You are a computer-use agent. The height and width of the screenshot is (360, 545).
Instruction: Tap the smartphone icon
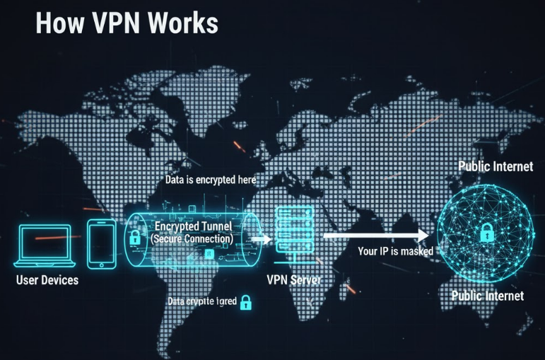(101, 243)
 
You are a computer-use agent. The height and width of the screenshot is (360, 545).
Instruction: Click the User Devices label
(47, 281)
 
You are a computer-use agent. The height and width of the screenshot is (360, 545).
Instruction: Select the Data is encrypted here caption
(210, 181)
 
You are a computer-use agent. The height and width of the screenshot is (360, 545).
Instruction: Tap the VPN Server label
(294, 279)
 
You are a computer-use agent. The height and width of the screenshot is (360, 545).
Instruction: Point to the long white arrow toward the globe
(375, 236)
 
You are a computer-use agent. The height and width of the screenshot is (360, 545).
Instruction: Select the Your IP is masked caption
(395, 251)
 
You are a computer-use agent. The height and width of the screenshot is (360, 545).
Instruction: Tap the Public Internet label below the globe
(488, 295)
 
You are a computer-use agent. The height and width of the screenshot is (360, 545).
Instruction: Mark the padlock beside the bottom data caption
(245, 302)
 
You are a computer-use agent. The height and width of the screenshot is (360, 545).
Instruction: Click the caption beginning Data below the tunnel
(201, 302)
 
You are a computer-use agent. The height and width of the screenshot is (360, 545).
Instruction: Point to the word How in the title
(54, 23)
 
